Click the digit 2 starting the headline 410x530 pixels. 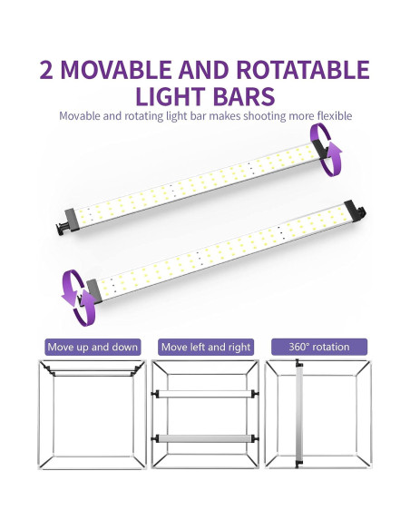pyautogui.click(x=49, y=70)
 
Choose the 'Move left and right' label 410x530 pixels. pyautogui.click(x=204, y=347)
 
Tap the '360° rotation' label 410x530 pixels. pyautogui.click(x=318, y=347)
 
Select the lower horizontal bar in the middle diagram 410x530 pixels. pyautogui.click(x=204, y=437)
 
